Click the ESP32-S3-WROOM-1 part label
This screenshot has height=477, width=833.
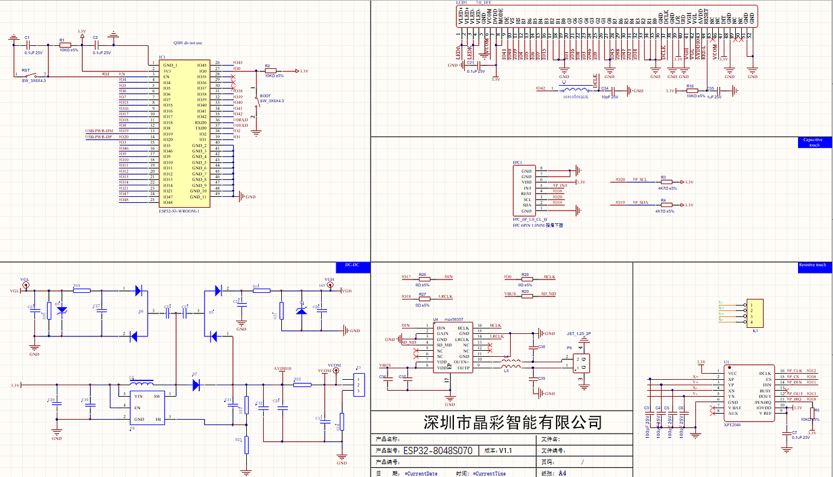click(178, 211)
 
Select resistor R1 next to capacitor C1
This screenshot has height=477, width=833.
click(65, 45)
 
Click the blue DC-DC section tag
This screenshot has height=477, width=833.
click(352, 265)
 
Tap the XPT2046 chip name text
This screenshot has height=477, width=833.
click(733, 425)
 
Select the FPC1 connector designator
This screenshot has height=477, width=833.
click(517, 162)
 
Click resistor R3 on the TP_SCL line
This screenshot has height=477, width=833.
click(663, 182)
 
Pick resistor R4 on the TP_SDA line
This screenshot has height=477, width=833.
click(663, 205)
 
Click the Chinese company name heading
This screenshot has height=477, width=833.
click(512, 421)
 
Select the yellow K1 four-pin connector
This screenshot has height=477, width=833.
click(754, 312)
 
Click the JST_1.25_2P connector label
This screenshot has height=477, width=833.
click(578, 333)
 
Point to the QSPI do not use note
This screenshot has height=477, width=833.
click(188, 43)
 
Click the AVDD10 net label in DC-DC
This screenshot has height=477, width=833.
click(282, 368)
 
